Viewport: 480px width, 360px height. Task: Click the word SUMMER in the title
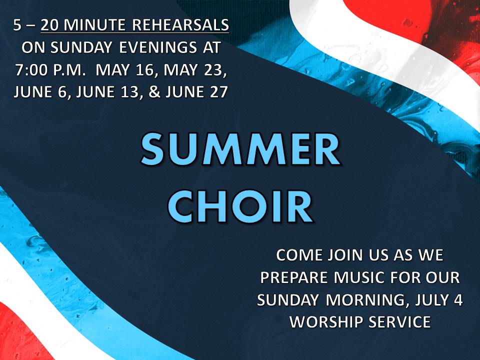pos(240,149)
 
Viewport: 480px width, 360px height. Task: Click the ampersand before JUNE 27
pos(154,92)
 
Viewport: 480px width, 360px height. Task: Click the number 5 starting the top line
pos(17,25)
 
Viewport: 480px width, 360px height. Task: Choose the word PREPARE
pos(294,277)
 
